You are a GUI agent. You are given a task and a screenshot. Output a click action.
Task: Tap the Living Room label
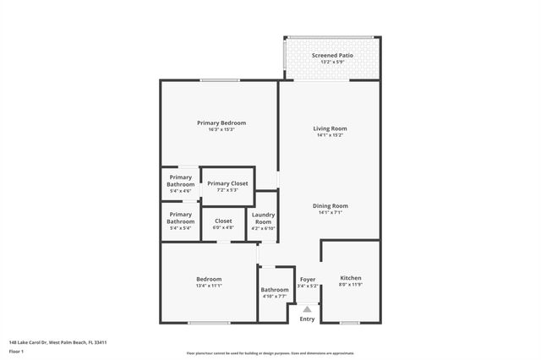pos(330,128)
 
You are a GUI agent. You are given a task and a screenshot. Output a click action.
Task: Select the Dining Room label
pos(330,205)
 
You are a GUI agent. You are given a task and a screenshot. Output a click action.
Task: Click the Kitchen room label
pos(351,278)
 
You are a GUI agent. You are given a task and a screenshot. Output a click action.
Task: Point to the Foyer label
pos(308,279)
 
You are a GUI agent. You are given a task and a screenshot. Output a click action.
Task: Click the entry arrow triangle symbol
pos(307,309)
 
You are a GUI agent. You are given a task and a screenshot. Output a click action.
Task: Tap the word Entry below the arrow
pos(307,319)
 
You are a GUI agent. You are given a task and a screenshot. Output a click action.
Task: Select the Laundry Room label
pos(263,218)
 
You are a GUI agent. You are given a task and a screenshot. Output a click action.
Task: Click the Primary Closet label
pos(227,183)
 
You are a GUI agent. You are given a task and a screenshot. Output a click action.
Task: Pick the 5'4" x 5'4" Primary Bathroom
pos(180,218)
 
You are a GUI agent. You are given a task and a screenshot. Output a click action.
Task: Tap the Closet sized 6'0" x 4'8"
pos(223,221)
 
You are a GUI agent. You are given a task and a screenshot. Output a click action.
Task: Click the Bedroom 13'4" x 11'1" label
pos(209,280)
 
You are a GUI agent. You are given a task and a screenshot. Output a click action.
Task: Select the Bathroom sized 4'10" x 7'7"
pos(275,290)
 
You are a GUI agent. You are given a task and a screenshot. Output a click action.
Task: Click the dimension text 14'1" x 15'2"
pos(330,135)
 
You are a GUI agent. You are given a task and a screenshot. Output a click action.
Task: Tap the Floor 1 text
pos(16,351)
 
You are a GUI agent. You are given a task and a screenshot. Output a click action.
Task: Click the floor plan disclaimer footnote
pos(270,353)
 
